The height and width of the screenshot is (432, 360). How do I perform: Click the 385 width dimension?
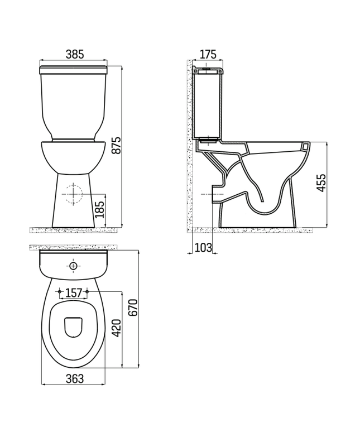coord(74,54)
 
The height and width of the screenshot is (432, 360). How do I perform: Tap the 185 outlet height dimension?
coord(99,209)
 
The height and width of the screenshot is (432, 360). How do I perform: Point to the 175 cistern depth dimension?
coord(208,54)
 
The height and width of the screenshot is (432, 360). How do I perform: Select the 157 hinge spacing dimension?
coord(74,292)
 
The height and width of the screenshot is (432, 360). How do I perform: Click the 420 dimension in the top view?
coord(116,329)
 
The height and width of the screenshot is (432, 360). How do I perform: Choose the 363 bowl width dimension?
coord(74,378)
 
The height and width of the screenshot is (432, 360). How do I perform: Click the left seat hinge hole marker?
coord(59,291)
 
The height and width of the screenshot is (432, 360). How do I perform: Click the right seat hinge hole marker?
coord(88,291)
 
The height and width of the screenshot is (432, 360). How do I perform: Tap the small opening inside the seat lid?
coord(73,328)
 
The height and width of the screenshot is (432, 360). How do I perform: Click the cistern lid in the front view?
coord(74,70)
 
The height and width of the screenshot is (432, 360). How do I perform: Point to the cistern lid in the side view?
coord(208,70)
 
